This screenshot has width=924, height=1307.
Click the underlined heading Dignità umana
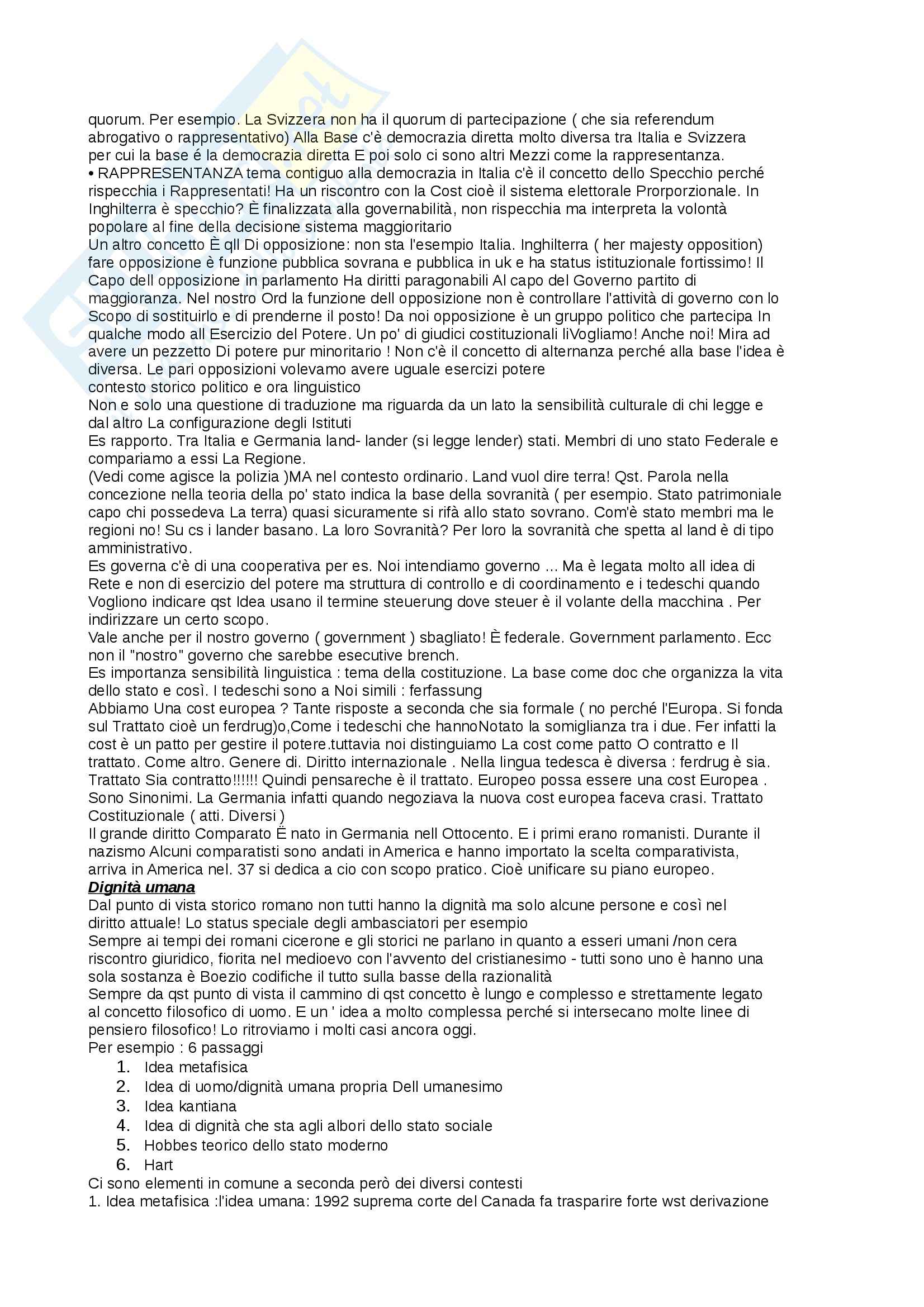coord(141,887)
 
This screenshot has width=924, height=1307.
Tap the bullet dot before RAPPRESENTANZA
coord(92,173)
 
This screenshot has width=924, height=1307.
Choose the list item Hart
coord(158,1165)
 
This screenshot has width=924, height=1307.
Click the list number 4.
coord(123,1125)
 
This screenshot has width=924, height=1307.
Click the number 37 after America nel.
coord(243,870)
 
